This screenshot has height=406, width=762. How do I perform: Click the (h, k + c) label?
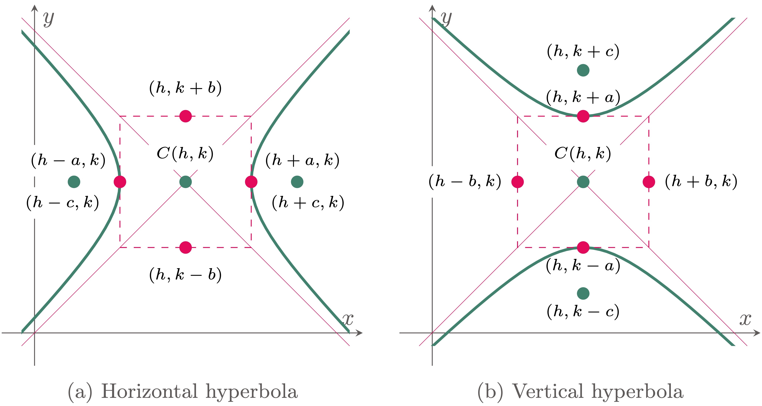tap(583, 52)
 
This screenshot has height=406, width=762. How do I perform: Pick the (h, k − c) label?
tap(583, 311)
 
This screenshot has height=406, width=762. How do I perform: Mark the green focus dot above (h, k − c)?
tap(583, 293)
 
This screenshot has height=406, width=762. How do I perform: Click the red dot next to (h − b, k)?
tap(517, 182)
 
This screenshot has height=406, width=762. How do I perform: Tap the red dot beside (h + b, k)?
tap(649, 182)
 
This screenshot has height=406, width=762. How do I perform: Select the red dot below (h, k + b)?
tap(185, 116)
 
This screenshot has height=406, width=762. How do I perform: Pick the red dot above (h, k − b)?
tap(185, 247)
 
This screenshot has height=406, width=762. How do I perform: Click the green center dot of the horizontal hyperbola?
tap(185, 182)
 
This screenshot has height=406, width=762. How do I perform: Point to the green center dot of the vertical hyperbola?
tap(583, 182)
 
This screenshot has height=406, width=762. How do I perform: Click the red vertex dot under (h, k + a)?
tap(583, 116)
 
